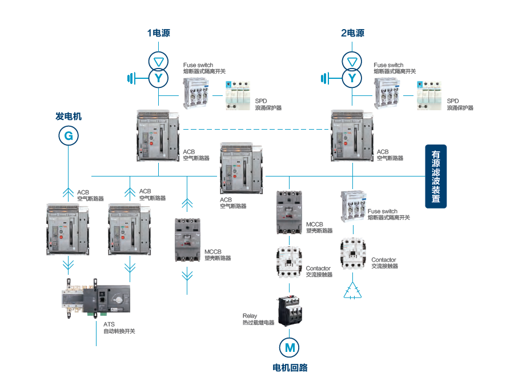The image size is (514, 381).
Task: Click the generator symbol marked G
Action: [x=68, y=135]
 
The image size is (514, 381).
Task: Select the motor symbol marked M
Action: [x=289, y=346]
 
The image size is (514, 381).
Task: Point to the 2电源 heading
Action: [x=352, y=33]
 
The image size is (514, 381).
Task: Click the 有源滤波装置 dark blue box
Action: [x=436, y=177]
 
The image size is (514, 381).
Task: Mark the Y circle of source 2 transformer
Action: [x=352, y=77]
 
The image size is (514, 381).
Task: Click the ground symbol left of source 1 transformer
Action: [x=131, y=77]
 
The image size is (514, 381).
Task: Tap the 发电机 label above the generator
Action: [x=69, y=116]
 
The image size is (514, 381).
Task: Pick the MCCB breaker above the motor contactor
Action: [x=288, y=212]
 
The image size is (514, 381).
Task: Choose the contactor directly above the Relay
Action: [x=290, y=262]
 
